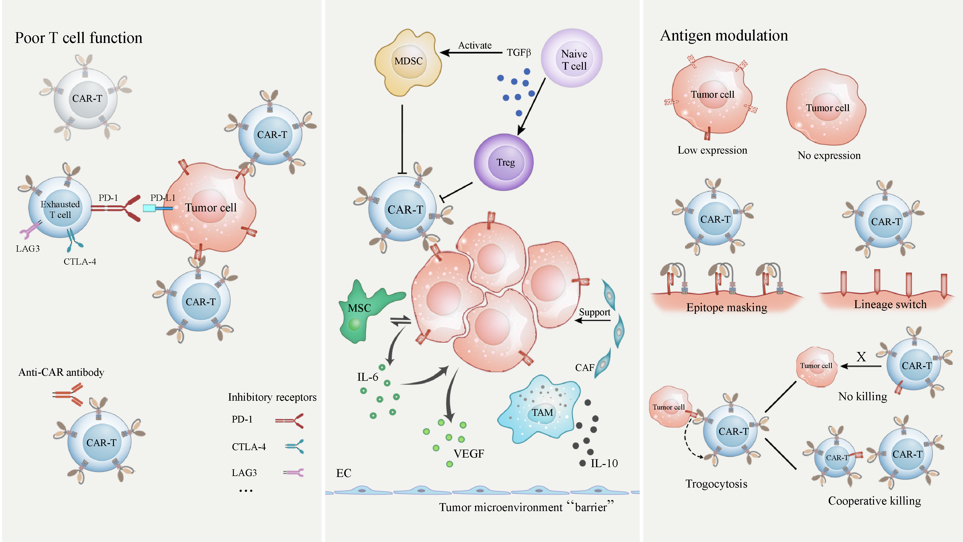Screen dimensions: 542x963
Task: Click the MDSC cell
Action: pyautogui.click(x=408, y=62)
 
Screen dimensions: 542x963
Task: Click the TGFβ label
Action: pyautogui.click(x=519, y=53)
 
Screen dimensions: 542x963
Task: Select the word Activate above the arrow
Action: pyautogui.click(x=475, y=45)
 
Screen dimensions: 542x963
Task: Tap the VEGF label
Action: pyautogui.click(x=468, y=454)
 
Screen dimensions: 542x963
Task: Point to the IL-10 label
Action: pyautogui.click(x=604, y=464)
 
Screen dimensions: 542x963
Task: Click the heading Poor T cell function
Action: pyautogui.click(x=78, y=38)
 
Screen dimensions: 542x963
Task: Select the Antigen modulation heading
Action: pyautogui.click(x=724, y=36)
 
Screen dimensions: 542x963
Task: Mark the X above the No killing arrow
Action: pyautogui.click(x=861, y=357)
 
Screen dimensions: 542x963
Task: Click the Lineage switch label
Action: pyautogui.click(x=890, y=304)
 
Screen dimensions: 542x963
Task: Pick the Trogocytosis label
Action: pyautogui.click(x=716, y=484)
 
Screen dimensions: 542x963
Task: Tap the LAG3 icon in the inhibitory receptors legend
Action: pyautogui.click(x=294, y=473)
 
